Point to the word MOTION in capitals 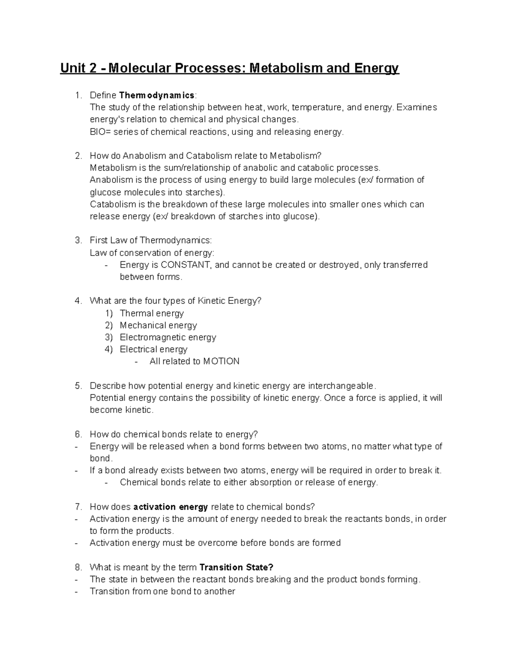(221, 361)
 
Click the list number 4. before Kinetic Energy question (78, 301)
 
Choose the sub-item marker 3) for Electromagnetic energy (109, 337)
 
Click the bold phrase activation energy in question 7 (170, 507)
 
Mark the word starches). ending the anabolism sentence (206, 192)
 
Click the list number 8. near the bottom (78, 567)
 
